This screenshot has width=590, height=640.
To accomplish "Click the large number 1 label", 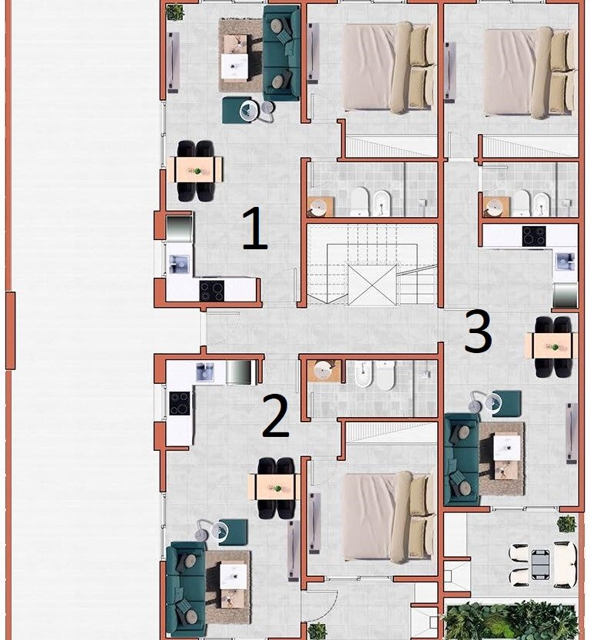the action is [x=255, y=228].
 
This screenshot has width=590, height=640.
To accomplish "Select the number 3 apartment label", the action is [x=478, y=331].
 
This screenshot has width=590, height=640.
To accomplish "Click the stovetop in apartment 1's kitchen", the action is [x=211, y=291].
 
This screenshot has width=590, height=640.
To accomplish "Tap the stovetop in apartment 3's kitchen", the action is [x=534, y=236].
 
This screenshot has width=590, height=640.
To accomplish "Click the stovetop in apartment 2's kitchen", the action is [x=180, y=403].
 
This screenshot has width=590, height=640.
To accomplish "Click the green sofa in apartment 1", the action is [x=281, y=54].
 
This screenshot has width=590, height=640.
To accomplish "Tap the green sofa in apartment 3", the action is [x=462, y=459].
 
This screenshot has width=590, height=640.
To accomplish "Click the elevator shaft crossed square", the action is [x=372, y=285].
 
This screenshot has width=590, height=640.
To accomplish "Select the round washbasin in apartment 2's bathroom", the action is [x=324, y=371].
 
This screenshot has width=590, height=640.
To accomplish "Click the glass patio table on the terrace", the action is [x=540, y=565].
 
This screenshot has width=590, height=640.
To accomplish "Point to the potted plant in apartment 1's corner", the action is [x=175, y=12].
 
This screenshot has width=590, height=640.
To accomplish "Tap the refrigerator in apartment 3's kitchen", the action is [x=565, y=295].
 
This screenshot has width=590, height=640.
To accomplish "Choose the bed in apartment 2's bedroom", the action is [x=389, y=517].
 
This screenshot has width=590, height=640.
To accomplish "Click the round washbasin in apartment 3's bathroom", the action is [x=494, y=208].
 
